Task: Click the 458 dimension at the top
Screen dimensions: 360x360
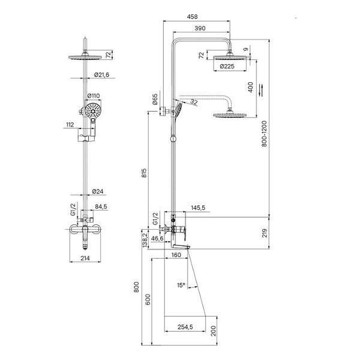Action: coord(192,17)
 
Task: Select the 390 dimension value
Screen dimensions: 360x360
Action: coord(200,28)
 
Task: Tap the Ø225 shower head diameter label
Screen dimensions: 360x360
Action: coord(227,67)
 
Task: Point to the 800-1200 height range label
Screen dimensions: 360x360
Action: coord(264,134)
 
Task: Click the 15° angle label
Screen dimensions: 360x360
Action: coord(181,285)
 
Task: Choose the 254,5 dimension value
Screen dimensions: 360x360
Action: coord(185,327)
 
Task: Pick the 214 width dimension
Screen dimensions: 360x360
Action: coord(85,258)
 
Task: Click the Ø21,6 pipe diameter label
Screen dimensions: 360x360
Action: coord(102,74)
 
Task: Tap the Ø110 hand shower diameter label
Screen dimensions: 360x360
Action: coord(94,95)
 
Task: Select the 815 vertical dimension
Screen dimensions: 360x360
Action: coord(144,173)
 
